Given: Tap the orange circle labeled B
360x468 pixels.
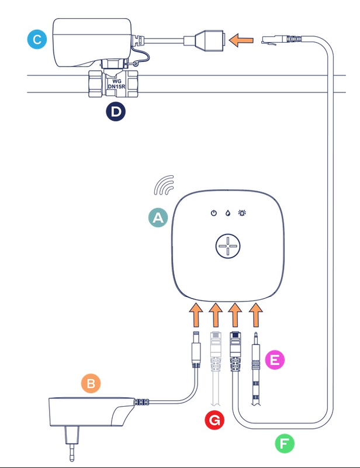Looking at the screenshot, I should [91, 383].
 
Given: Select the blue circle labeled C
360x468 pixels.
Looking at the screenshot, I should [37, 40].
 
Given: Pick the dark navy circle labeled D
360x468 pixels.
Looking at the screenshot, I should [115, 112].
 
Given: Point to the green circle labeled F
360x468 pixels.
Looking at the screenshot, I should [285, 443].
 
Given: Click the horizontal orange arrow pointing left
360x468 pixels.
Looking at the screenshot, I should [241, 41].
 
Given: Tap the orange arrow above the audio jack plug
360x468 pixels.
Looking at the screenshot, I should [255, 315].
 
